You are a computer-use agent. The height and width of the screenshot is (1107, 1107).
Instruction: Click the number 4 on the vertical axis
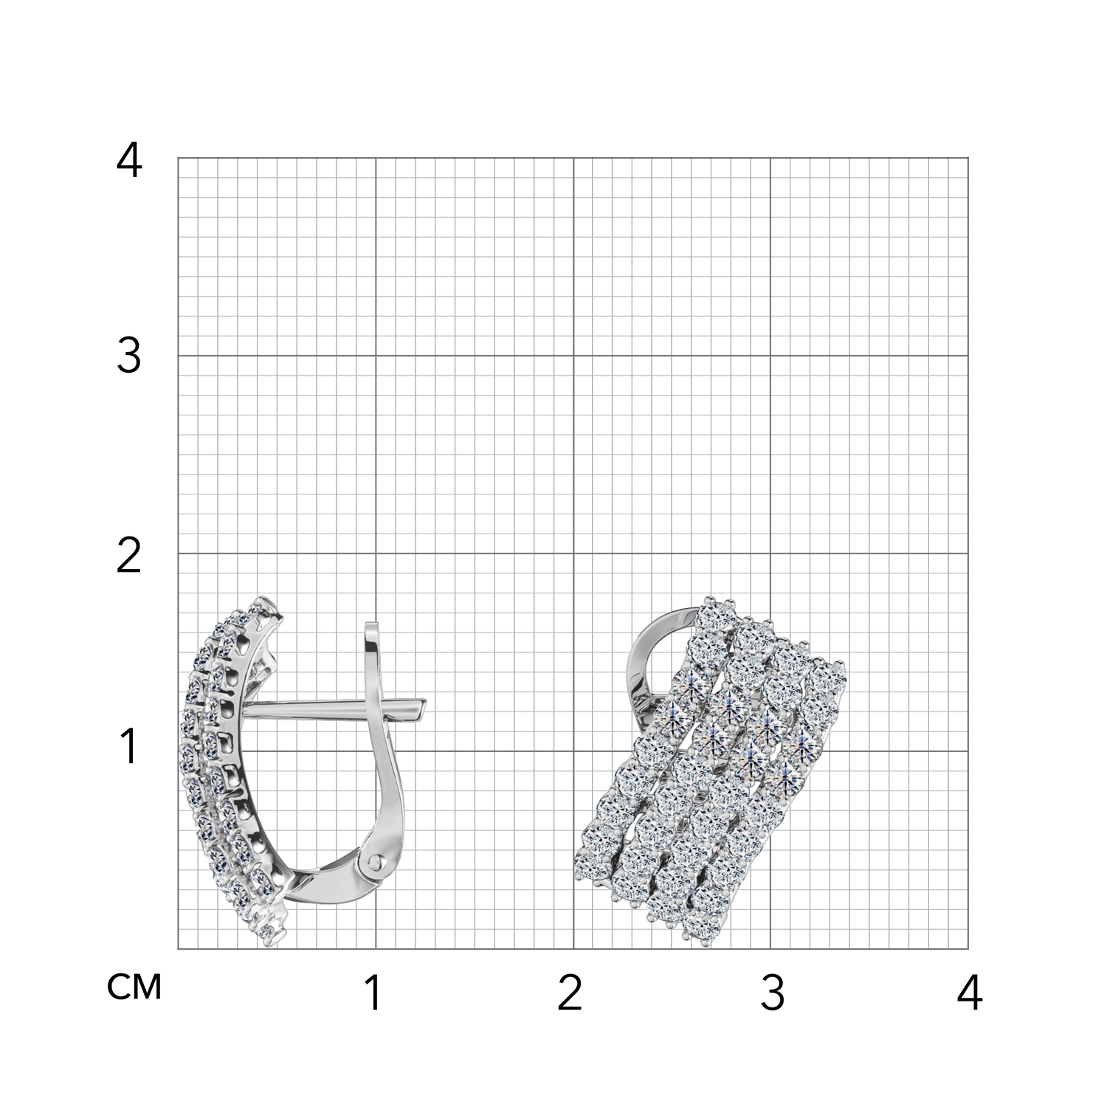[x=129, y=161]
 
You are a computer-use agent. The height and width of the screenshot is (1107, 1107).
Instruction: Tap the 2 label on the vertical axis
[x=129, y=556]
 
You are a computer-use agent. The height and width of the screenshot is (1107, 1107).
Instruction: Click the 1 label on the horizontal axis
[x=374, y=993]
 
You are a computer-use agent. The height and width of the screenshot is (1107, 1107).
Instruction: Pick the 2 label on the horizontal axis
[x=570, y=993]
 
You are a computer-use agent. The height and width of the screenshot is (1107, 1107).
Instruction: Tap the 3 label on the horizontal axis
[x=772, y=993]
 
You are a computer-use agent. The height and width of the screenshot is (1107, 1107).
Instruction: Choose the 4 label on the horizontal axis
[x=970, y=993]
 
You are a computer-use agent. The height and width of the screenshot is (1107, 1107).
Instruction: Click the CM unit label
[x=134, y=987]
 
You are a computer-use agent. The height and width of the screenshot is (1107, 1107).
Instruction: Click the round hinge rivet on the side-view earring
[x=376, y=862]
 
